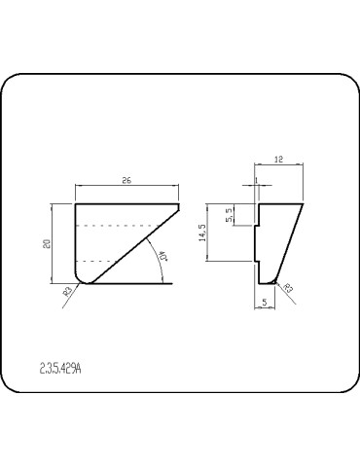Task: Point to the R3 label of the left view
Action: pyautogui.click(x=67, y=291)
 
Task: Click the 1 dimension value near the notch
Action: pyautogui.click(x=256, y=180)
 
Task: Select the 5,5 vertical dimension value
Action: pyautogui.click(x=229, y=216)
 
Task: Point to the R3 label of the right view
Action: pyautogui.click(x=287, y=289)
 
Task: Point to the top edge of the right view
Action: pyautogui.click(x=279, y=202)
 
